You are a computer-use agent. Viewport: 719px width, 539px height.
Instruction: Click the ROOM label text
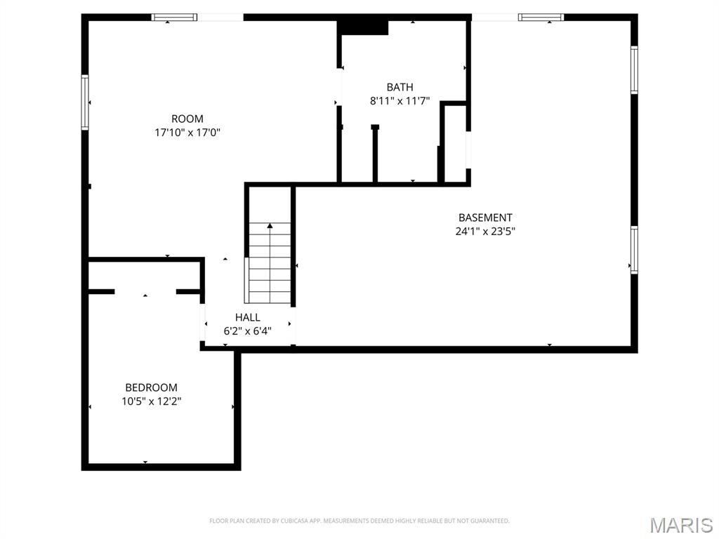(x=187, y=119)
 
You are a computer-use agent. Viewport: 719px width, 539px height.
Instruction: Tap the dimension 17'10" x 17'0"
(x=187, y=132)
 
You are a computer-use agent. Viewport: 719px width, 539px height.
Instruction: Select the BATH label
(x=400, y=87)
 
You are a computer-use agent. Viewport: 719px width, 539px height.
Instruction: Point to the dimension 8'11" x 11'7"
(x=400, y=100)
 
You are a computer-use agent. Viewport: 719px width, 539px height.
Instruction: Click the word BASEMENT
(x=485, y=218)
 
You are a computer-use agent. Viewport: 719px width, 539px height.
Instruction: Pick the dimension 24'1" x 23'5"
(x=485, y=231)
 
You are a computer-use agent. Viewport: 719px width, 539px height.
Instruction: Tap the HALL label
(x=248, y=317)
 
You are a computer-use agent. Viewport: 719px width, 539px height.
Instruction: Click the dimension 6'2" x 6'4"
(x=248, y=331)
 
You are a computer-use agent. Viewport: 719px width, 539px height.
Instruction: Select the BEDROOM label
(x=151, y=387)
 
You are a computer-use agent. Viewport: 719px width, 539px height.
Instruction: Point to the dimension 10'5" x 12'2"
(x=151, y=401)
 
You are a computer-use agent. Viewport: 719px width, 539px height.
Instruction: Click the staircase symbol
(x=270, y=263)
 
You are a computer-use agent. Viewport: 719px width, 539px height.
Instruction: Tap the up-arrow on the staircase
(x=270, y=226)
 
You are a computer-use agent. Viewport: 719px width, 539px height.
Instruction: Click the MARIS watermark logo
(x=680, y=525)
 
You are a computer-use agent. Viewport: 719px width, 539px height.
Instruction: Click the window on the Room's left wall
(x=85, y=102)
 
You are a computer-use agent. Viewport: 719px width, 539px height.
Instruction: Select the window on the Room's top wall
(x=174, y=18)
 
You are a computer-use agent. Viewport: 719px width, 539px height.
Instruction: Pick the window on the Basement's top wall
(x=541, y=18)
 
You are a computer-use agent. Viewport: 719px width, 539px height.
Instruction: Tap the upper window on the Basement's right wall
(x=633, y=69)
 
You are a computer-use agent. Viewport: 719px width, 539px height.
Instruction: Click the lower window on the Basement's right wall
(x=633, y=250)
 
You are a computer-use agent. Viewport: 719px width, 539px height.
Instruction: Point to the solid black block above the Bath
(x=364, y=27)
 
